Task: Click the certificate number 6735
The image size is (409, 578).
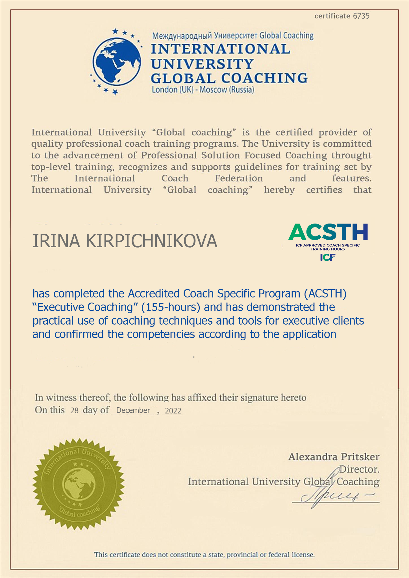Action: pyautogui.click(x=361, y=16)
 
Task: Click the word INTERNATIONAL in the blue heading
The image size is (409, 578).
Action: pyautogui.click(x=220, y=49)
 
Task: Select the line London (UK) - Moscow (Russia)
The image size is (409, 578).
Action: pyautogui.click(x=203, y=90)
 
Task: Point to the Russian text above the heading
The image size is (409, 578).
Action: pyautogui.click(x=233, y=36)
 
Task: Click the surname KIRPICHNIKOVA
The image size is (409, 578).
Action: pyautogui.click(x=151, y=242)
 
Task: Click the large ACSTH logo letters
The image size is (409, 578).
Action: pyautogui.click(x=328, y=232)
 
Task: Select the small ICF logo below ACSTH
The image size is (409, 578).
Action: pyautogui.click(x=328, y=257)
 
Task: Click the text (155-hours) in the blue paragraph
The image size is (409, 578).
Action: pyautogui.click(x=171, y=307)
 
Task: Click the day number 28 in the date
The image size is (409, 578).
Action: pyautogui.click(x=74, y=411)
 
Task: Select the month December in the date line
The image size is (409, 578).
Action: pyautogui.click(x=133, y=410)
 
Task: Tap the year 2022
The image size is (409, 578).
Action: pyautogui.click(x=173, y=411)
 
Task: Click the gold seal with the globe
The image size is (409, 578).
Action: pyautogui.click(x=79, y=484)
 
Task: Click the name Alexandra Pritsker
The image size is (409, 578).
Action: pyautogui.click(x=334, y=457)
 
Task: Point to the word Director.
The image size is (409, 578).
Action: pyautogui.click(x=359, y=469)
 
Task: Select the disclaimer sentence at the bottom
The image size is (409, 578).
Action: pyautogui.click(x=204, y=555)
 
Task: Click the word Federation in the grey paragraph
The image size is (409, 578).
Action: pyautogui.click(x=239, y=178)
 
